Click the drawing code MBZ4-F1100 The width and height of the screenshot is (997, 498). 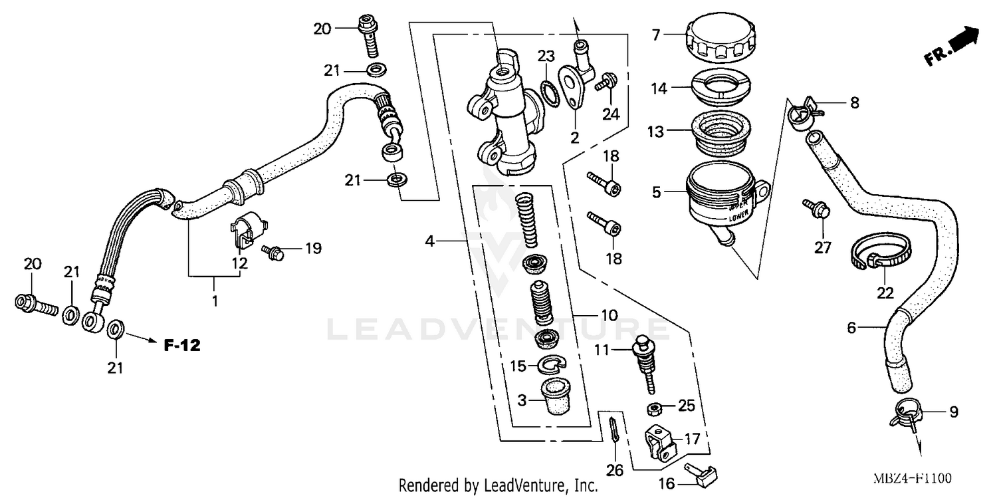click(x=913, y=479)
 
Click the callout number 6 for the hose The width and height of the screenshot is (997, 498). click(x=851, y=327)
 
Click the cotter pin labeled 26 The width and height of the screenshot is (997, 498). click(x=614, y=432)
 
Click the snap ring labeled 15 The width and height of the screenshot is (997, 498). click(x=550, y=364)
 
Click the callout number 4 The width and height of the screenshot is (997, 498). click(x=430, y=241)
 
